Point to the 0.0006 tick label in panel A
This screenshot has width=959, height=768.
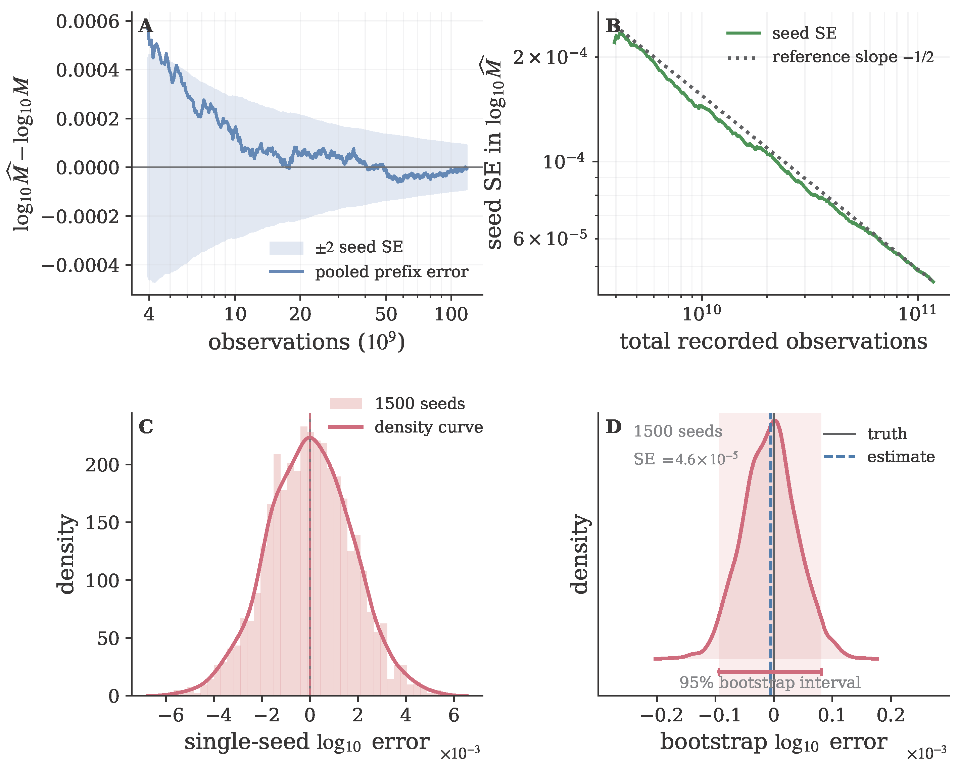tap(88, 21)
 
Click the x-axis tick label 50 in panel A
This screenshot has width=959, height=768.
tap(386, 314)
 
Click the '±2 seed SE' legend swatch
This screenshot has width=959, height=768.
tap(286, 248)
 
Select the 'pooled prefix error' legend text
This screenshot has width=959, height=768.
tap(391, 272)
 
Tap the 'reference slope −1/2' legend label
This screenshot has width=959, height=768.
tap(853, 57)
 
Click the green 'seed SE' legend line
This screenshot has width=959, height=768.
tap(744, 33)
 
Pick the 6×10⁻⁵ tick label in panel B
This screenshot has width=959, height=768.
tap(550, 239)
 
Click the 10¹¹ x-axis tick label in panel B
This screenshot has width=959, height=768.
tap(917, 313)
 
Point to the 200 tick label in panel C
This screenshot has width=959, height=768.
tap(103, 465)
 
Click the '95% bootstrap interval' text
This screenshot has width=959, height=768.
tap(769, 682)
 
